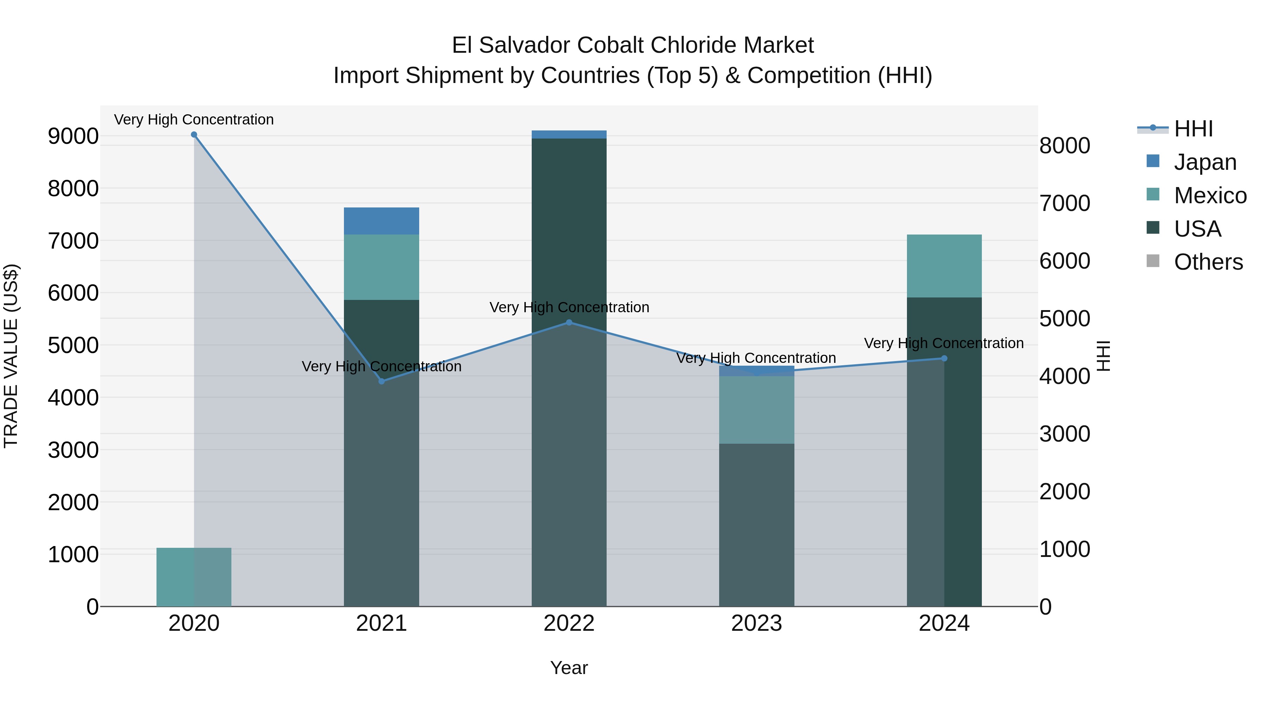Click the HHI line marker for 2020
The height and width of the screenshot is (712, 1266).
tap(194, 135)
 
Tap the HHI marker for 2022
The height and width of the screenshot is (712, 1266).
tap(569, 322)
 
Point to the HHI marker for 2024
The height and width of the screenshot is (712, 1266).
tap(944, 358)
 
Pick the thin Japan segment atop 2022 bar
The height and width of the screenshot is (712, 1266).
tap(569, 135)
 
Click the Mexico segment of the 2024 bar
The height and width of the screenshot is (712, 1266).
tap(944, 266)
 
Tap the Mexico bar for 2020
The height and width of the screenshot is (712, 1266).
tap(194, 577)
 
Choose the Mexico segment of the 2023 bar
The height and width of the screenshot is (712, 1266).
tap(756, 410)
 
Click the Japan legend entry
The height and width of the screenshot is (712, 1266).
tap(1204, 162)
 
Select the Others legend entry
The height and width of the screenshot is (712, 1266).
tap(1208, 262)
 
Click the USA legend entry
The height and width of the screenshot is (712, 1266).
tap(1197, 229)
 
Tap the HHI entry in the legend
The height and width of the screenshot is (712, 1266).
tap(1193, 129)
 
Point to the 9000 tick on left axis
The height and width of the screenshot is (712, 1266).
tap(73, 136)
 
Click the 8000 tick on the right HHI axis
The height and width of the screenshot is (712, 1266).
tap(1065, 146)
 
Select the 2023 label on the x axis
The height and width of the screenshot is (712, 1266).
tap(756, 623)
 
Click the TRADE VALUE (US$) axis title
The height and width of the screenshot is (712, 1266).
tap(11, 356)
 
